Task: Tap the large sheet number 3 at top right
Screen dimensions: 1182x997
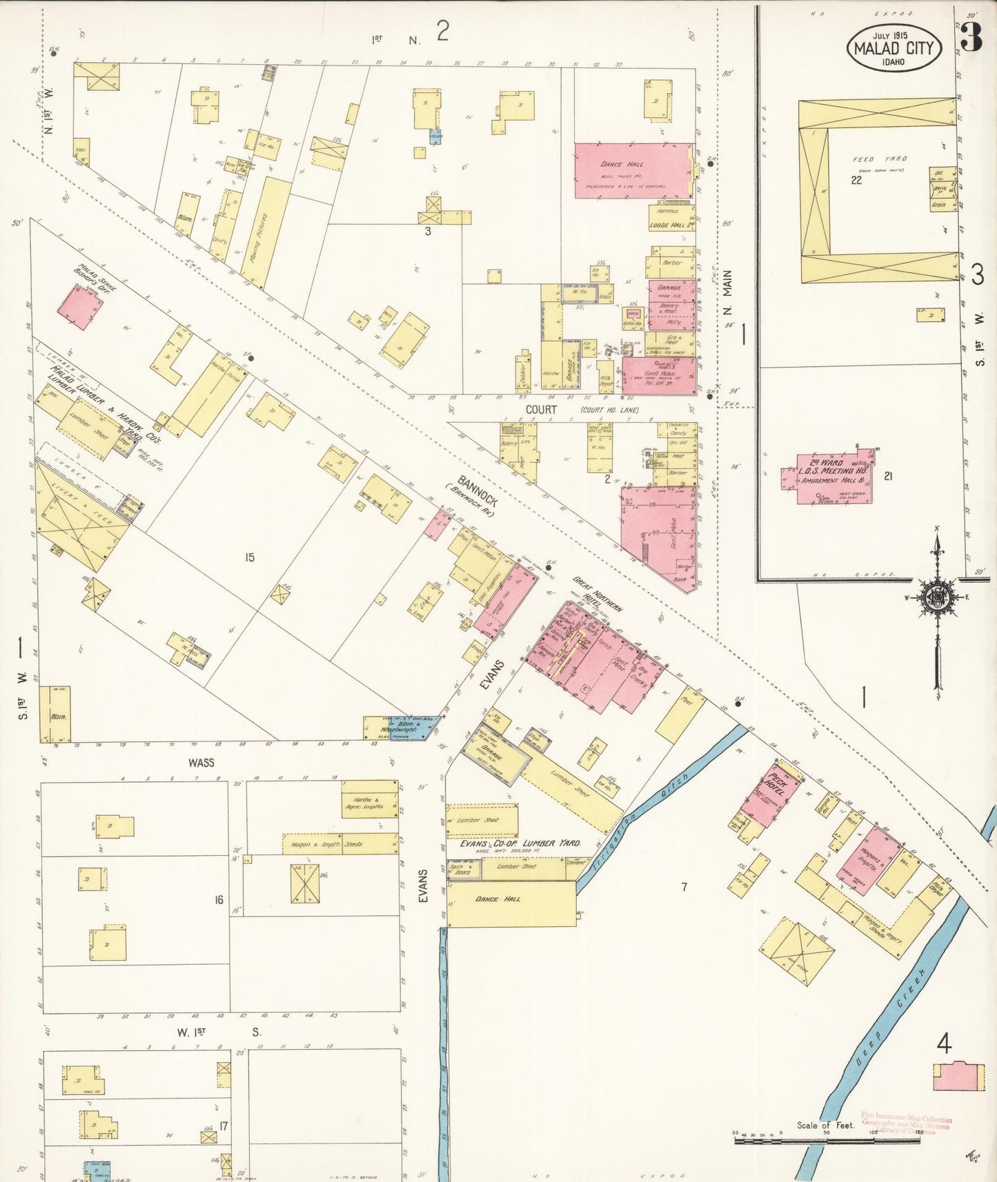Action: (x=971, y=38)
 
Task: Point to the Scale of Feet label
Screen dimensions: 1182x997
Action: (x=825, y=1125)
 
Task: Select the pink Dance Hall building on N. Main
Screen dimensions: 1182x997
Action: (x=633, y=170)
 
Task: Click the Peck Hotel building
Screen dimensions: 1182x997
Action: (x=771, y=793)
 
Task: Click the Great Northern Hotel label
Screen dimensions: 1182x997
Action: (x=597, y=597)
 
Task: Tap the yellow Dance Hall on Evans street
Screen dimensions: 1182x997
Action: (x=511, y=903)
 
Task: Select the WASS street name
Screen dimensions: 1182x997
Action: (x=201, y=763)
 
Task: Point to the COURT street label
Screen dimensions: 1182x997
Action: (x=541, y=409)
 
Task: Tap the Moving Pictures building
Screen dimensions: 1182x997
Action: (x=266, y=232)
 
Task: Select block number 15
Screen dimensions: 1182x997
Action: (x=249, y=557)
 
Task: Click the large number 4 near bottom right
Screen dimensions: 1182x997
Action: (x=944, y=1044)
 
